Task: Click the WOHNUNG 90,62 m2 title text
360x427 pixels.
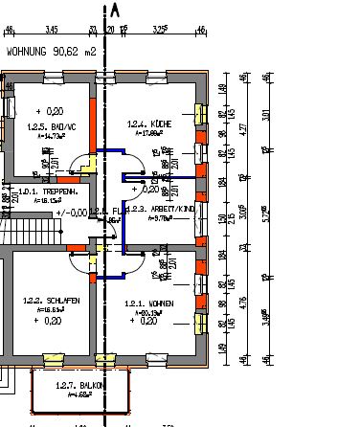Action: pos(52,54)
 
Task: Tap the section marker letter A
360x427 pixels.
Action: pos(116,11)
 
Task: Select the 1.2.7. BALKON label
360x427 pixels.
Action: pos(78,385)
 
